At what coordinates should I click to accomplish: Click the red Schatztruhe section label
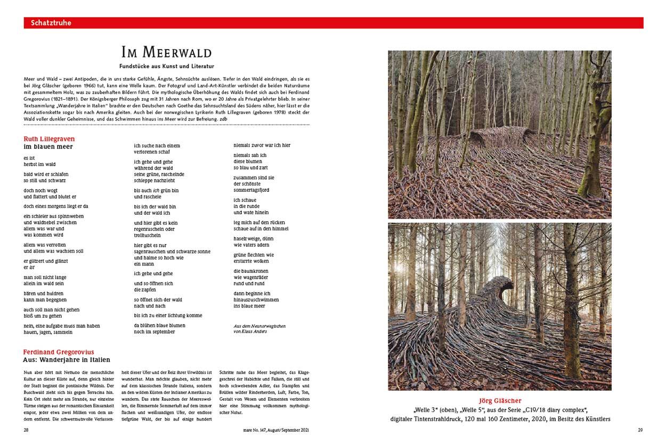pyautogui.click(x=51, y=23)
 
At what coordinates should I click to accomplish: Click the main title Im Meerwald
pyautogui.click(x=166, y=53)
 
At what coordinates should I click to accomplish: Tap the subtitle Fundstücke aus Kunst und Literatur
pyautogui.click(x=166, y=66)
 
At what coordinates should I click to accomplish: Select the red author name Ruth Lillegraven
pyautogui.click(x=49, y=139)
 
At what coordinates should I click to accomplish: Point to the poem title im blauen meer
pyautogui.click(x=48, y=147)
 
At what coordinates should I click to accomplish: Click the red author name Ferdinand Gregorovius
pyautogui.click(x=59, y=352)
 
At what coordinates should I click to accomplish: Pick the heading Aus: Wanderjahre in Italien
pyautogui.click(x=67, y=360)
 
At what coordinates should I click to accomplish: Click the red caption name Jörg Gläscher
pyautogui.click(x=499, y=401)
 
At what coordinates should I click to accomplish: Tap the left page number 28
pyautogui.click(x=26, y=430)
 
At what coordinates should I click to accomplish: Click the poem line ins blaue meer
pyautogui.click(x=249, y=306)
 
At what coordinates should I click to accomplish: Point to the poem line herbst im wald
pyautogui.click(x=39, y=165)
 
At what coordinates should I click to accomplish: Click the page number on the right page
pyautogui.click(x=640, y=430)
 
